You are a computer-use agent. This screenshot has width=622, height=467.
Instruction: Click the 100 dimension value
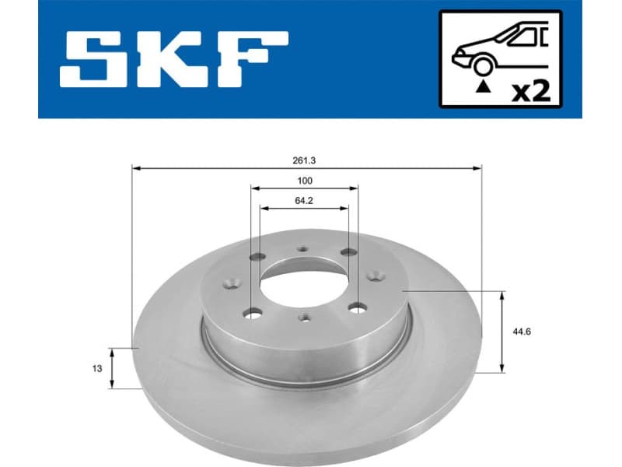click(305, 181)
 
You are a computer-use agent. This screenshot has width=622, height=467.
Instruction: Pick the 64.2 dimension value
click(305, 201)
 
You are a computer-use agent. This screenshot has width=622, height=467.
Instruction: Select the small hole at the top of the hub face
click(303, 250)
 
